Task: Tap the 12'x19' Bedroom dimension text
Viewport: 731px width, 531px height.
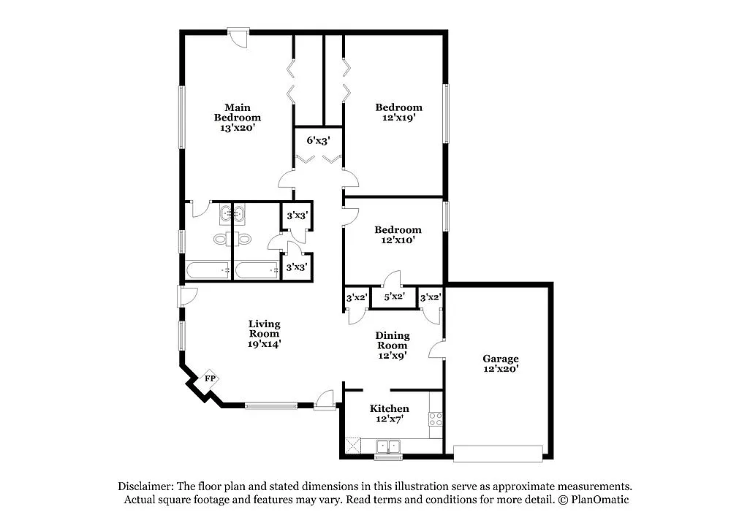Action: [x=399, y=117]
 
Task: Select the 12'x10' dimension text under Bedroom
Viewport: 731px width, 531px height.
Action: [x=398, y=240]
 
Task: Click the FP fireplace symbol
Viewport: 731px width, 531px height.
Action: [x=209, y=378]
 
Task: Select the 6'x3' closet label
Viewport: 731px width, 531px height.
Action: [x=318, y=140]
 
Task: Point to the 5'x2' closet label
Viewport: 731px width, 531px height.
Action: [x=394, y=297]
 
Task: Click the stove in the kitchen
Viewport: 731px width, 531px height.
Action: [x=436, y=419]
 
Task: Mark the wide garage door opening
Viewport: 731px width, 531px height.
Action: [x=498, y=454]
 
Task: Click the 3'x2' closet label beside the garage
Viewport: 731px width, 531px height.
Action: [x=430, y=297]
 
